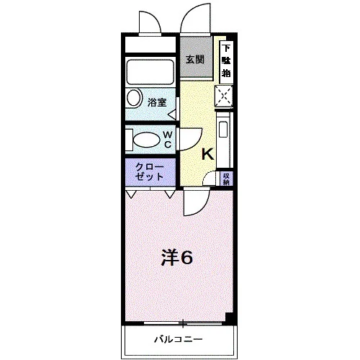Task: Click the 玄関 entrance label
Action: coord(195,59)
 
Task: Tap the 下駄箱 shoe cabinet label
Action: coord(226,61)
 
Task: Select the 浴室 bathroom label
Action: coord(157,103)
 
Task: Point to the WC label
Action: coord(168,140)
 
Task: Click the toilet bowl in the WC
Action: coord(146,140)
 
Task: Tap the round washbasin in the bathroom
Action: coord(134,98)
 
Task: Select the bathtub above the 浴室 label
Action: coord(150,72)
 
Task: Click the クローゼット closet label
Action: coord(149,171)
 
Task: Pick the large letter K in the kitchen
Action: coord(207,154)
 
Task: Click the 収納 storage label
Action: coord(227,179)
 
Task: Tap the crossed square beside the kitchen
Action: coord(224,96)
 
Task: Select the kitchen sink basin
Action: coord(223,130)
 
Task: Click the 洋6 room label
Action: coord(177,258)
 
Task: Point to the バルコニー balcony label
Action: coord(179,339)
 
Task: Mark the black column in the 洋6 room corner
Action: coord(229,318)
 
